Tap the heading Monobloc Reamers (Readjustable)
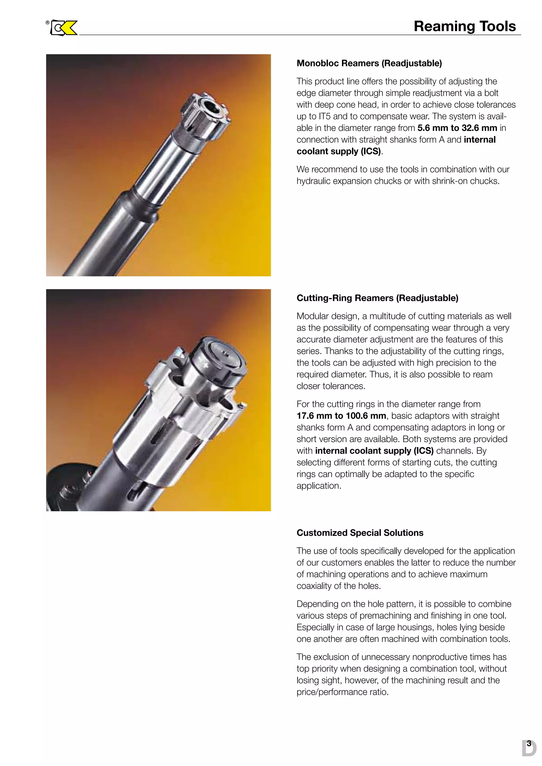[x=369, y=64]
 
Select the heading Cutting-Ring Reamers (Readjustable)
[x=377, y=298]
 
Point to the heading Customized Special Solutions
[x=360, y=533]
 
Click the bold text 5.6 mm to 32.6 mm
[x=457, y=128]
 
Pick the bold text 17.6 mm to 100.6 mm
[x=341, y=416]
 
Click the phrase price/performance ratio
[x=342, y=692]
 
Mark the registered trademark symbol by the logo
[x=48, y=23]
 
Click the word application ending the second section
[x=318, y=486]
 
